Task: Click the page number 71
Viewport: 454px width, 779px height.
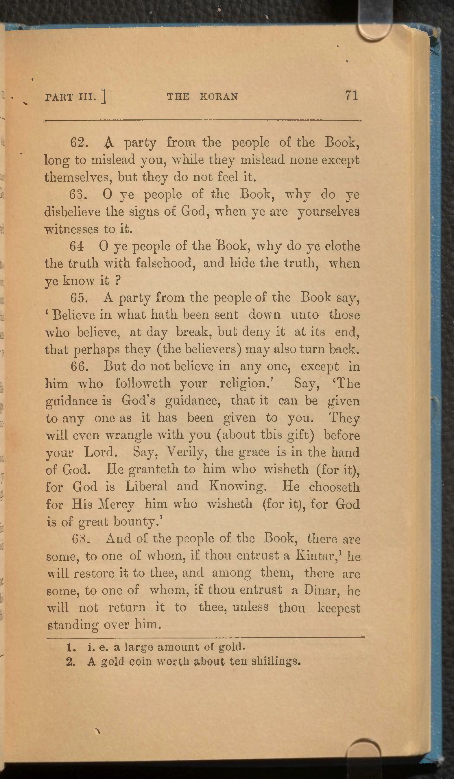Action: pos(351,96)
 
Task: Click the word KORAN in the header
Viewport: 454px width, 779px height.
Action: pos(219,97)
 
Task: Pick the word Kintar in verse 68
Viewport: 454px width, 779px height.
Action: pos(315,556)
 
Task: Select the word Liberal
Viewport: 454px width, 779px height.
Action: pos(146,487)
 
